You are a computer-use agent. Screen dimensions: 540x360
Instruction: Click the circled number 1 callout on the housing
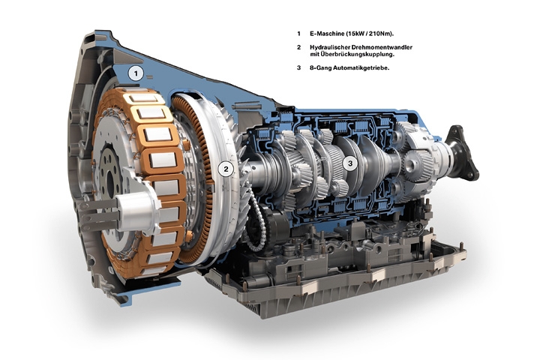pyautogui.click(x=136, y=73)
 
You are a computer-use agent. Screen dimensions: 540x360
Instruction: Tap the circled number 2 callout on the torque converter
pyautogui.click(x=226, y=169)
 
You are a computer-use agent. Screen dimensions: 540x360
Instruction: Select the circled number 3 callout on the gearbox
pyautogui.click(x=350, y=163)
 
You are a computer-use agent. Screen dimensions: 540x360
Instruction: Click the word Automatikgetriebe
pyautogui.click(x=361, y=67)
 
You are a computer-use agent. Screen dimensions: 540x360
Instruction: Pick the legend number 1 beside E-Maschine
pyautogui.click(x=299, y=34)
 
